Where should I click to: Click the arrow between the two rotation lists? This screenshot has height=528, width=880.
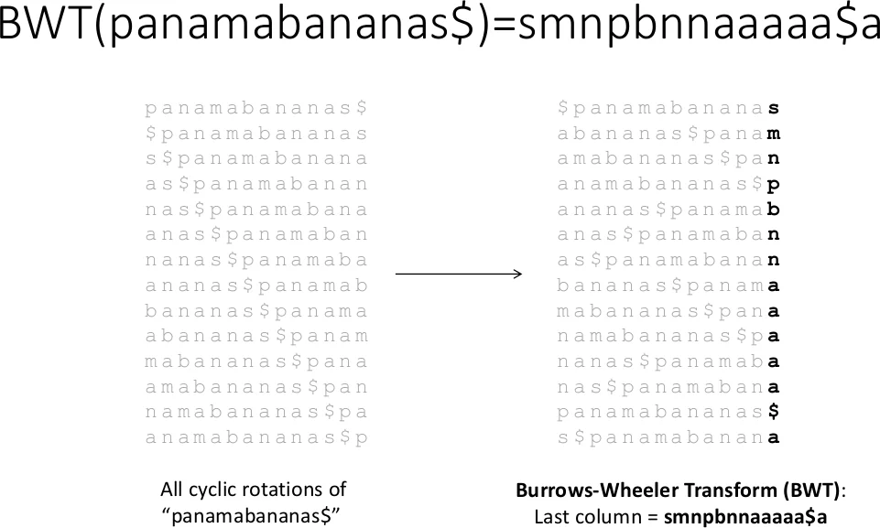click(458, 274)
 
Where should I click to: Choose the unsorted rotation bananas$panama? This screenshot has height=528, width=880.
click(256, 311)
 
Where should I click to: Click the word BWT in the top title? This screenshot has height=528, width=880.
click(44, 27)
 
